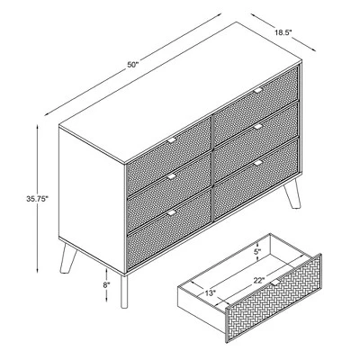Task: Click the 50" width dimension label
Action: click(132, 65)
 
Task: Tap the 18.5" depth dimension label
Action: click(283, 32)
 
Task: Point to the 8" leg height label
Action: click(106, 285)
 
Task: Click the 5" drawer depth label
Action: click(258, 252)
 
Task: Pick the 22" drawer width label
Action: click(259, 281)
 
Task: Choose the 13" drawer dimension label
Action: click(211, 293)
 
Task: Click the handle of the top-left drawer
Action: click(172, 140)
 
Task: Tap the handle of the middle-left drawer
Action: click(172, 177)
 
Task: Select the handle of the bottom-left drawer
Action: click(172, 212)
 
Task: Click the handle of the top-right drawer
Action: click(258, 90)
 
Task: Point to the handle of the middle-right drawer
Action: click(258, 127)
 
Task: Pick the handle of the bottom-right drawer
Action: click(258, 163)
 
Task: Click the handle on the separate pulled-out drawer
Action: click(274, 283)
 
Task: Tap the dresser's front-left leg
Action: click(124, 291)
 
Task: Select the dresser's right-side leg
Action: click(292, 193)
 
